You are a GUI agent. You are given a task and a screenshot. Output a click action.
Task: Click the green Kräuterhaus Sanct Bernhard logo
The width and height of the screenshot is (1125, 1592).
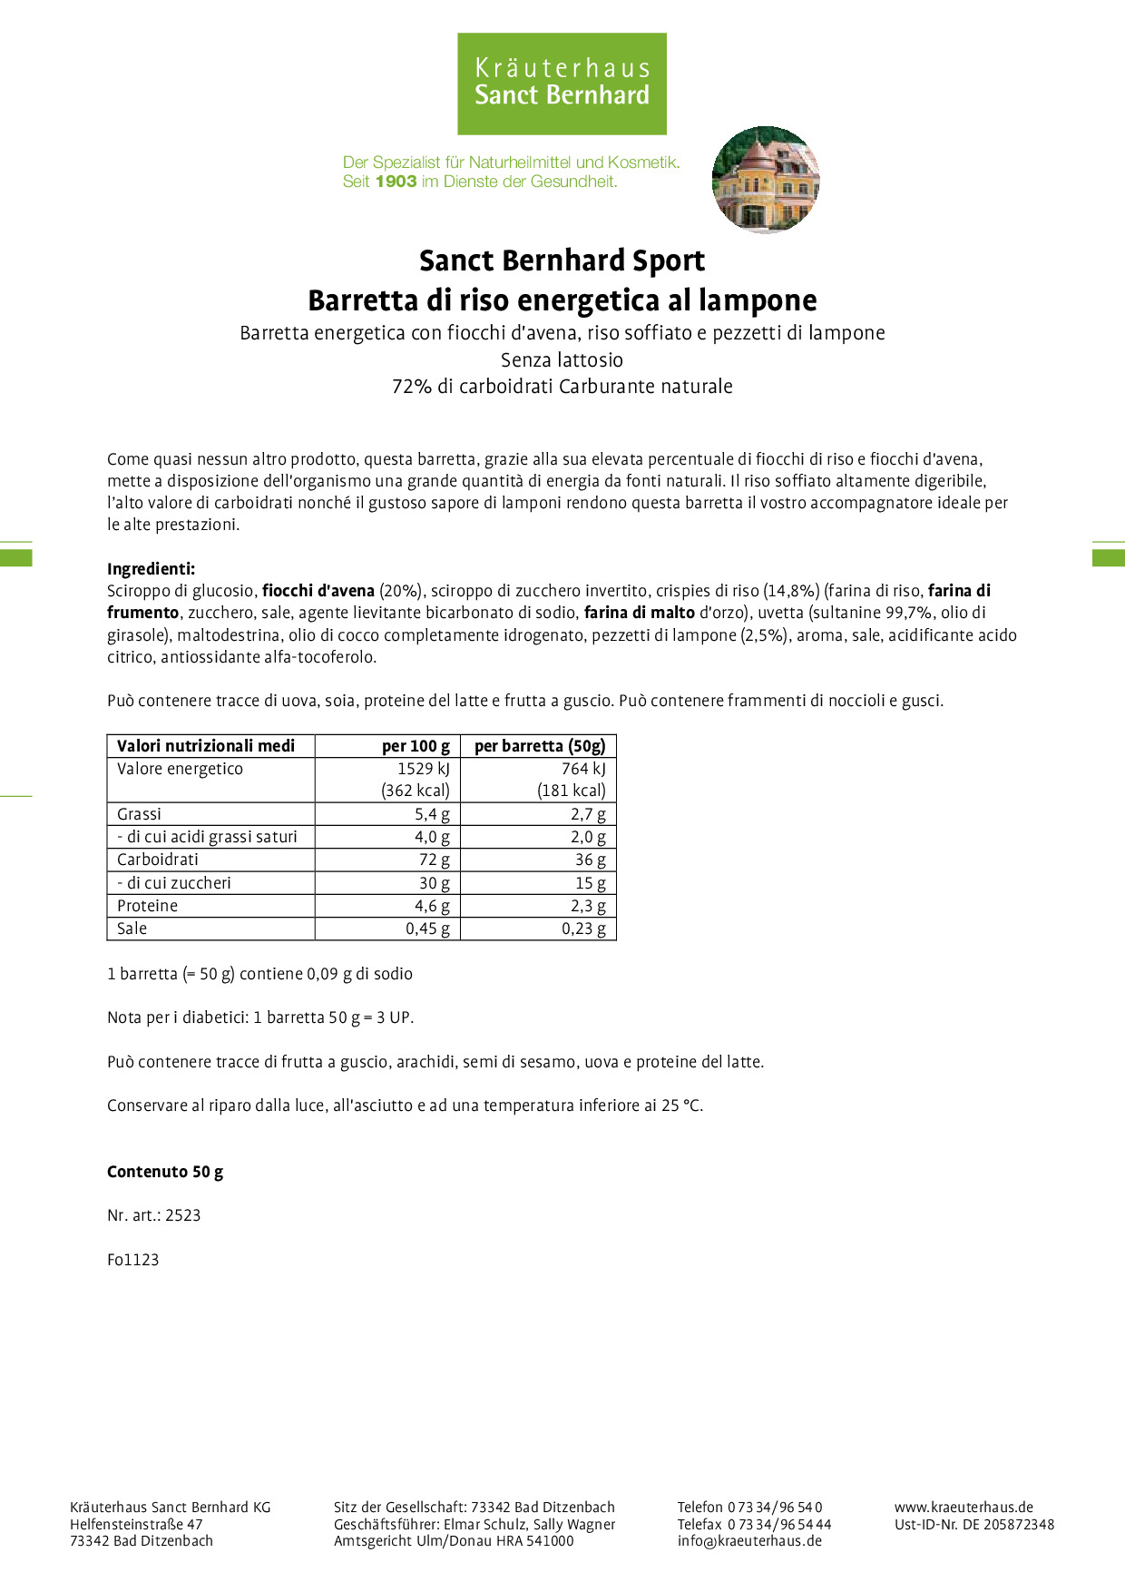tap(562, 84)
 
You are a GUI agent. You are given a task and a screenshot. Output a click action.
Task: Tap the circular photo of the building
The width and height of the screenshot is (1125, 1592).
tap(766, 180)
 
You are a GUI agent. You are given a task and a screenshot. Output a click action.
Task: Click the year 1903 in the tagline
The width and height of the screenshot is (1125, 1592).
tap(396, 182)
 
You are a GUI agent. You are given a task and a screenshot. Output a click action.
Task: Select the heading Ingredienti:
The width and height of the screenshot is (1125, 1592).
tap(151, 569)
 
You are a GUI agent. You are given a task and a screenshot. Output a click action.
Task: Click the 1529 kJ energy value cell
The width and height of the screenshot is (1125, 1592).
tap(423, 769)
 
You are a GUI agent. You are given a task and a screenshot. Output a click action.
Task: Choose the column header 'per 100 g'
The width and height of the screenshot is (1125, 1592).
tap(416, 746)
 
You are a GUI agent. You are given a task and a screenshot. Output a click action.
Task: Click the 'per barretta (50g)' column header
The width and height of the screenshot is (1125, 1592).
tap(539, 746)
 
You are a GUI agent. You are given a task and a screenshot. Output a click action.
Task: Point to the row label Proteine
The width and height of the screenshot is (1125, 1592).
tap(147, 906)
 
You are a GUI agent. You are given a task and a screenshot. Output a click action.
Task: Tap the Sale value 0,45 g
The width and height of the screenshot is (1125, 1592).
tap(427, 929)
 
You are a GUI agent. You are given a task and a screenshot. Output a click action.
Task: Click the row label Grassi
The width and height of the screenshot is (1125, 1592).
tap(139, 814)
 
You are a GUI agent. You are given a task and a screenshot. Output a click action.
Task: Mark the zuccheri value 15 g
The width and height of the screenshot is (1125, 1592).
tap(590, 883)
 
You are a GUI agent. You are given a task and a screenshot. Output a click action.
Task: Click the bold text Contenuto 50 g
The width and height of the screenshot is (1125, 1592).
tap(165, 1172)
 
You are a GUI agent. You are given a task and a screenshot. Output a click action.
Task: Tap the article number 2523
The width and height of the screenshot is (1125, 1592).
tap(182, 1215)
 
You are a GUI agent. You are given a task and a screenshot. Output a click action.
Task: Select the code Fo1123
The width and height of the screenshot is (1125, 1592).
tap(132, 1260)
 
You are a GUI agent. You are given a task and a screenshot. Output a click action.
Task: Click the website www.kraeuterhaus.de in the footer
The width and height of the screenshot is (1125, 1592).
tap(964, 1508)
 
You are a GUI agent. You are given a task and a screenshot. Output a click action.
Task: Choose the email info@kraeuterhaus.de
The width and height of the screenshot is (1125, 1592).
tap(749, 1541)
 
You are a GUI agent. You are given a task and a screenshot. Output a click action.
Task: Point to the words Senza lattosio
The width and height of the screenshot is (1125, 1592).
tap(562, 360)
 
